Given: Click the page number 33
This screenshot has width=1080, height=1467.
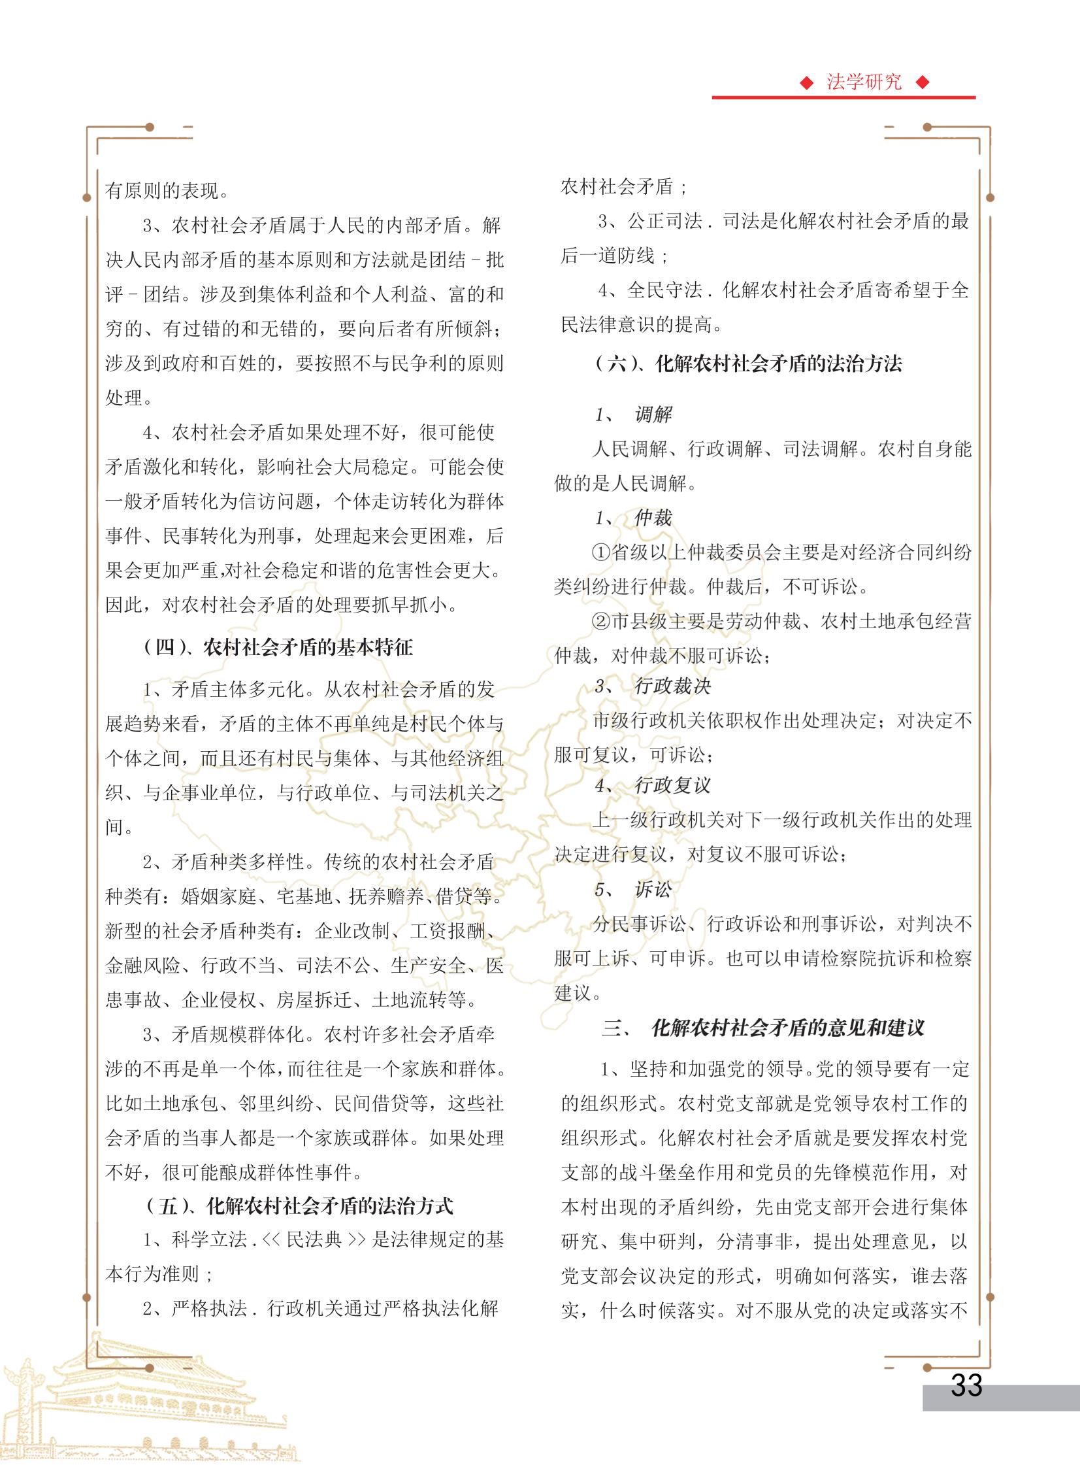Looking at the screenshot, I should (966, 1385).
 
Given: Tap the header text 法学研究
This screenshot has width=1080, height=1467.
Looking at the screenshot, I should (864, 82).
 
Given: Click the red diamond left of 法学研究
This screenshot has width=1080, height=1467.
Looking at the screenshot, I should (808, 83).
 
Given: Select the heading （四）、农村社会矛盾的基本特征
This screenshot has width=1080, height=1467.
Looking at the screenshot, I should (278, 647).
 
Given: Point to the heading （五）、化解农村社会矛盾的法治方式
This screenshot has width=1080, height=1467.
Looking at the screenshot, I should (299, 1206).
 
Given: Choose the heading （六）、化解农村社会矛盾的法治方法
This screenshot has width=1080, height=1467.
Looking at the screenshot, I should (749, 363).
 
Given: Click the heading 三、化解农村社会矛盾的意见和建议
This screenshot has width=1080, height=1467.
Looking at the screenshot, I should (763, 1028).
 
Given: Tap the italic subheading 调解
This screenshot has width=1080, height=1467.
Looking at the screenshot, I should (653, 414).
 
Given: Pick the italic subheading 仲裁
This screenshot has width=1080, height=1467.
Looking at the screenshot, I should (653, 518).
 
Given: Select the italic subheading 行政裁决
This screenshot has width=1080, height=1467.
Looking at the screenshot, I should (672, 686).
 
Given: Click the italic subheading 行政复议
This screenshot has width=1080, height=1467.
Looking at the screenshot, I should (672, 786).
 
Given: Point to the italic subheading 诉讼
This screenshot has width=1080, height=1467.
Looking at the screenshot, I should (653, 890).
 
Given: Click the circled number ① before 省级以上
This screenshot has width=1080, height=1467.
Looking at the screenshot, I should (601, 552).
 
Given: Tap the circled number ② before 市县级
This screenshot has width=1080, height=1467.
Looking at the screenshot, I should (601, 621).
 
